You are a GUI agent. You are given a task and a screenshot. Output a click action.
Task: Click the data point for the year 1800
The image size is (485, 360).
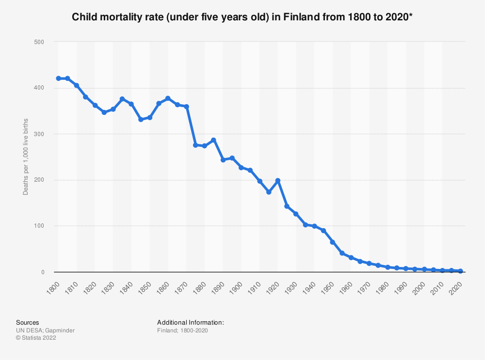coord(58,78)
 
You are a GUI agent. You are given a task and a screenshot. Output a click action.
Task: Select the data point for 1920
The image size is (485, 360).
coord(278,181)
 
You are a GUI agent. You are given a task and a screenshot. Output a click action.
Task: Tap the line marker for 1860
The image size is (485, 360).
coord(168,98)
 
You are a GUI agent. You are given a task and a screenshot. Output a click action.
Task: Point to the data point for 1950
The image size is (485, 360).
coord(333,242)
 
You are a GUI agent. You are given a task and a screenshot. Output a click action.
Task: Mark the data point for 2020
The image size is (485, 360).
coord(460,271)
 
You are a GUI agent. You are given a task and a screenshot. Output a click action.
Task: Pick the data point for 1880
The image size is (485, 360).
coord(205,146)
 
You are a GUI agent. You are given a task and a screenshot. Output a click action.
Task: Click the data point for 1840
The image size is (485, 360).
coord(131,104)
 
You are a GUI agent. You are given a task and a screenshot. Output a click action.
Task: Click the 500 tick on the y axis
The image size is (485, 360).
coord(39,42)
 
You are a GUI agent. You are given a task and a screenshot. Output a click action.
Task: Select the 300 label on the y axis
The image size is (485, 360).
coord(39,134)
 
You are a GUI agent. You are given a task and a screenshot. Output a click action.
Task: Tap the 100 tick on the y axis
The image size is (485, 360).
coord(39,226)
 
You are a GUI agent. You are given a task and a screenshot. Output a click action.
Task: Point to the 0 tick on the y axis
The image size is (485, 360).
coord(42,272)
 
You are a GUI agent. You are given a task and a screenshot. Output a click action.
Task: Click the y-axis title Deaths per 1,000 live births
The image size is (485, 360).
coord(26,157)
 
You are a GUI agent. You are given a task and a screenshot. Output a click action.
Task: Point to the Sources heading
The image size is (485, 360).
coord(28,322)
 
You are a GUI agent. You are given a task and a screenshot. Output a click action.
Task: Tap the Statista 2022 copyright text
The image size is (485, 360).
coord(36,338)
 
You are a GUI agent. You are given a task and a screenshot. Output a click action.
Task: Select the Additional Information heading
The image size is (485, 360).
coord(191,322)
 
